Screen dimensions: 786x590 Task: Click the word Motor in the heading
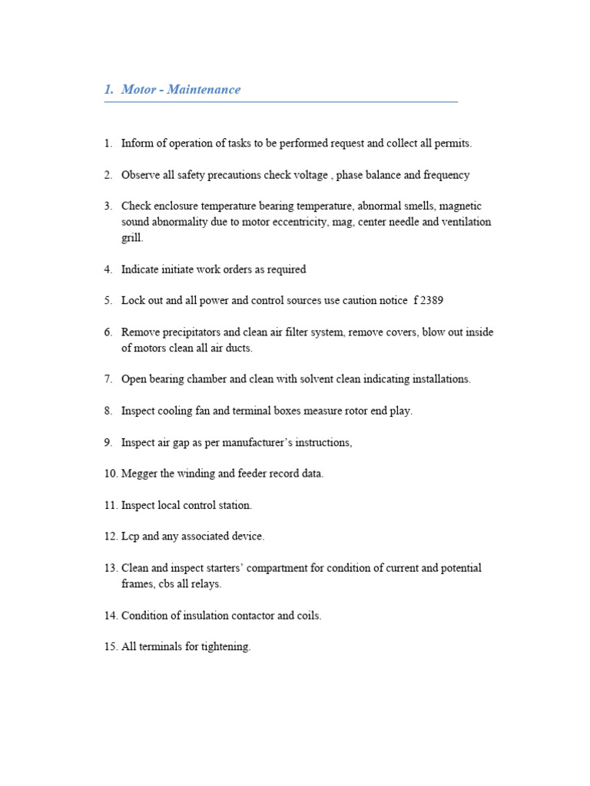coord(138,89)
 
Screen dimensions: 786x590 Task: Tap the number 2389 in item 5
coord(430,301)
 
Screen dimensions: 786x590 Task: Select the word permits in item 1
coord(453,144)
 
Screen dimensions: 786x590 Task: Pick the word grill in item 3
coord(131,238)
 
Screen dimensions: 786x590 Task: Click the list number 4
coord(108,269)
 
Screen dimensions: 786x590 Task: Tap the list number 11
coord(111,505)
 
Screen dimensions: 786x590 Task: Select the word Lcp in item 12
coord(130,537)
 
